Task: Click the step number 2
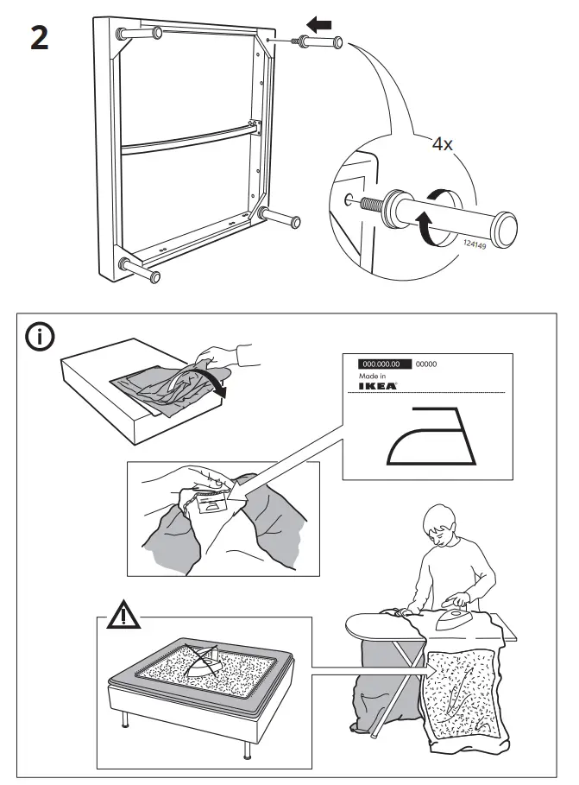39,40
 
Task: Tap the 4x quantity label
442,144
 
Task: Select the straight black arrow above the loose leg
318,26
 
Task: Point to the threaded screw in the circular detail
365,204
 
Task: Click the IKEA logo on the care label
378,387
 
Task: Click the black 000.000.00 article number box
378,364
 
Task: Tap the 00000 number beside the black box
426,364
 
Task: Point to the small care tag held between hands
205,505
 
